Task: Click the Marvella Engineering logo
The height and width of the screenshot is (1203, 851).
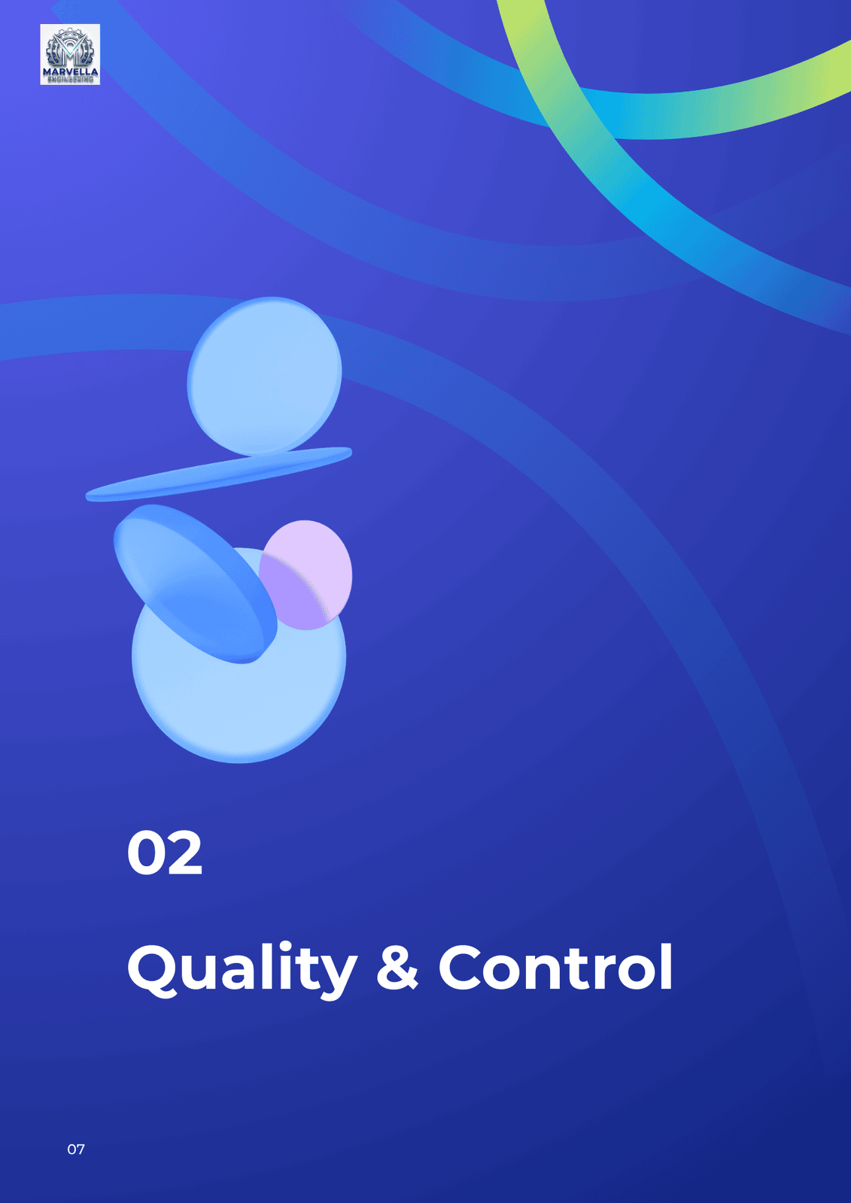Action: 70,54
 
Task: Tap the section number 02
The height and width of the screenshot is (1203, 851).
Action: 165,853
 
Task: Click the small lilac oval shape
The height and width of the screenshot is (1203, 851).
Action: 305,574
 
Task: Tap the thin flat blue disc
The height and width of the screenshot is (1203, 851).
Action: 219,474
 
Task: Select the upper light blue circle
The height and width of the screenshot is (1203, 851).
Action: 265,377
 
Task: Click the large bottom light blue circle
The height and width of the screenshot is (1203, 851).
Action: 239,692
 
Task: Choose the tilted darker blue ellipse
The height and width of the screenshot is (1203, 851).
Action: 195,583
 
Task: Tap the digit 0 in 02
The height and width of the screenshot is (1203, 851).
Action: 145,853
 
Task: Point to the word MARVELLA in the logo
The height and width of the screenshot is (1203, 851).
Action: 71,72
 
